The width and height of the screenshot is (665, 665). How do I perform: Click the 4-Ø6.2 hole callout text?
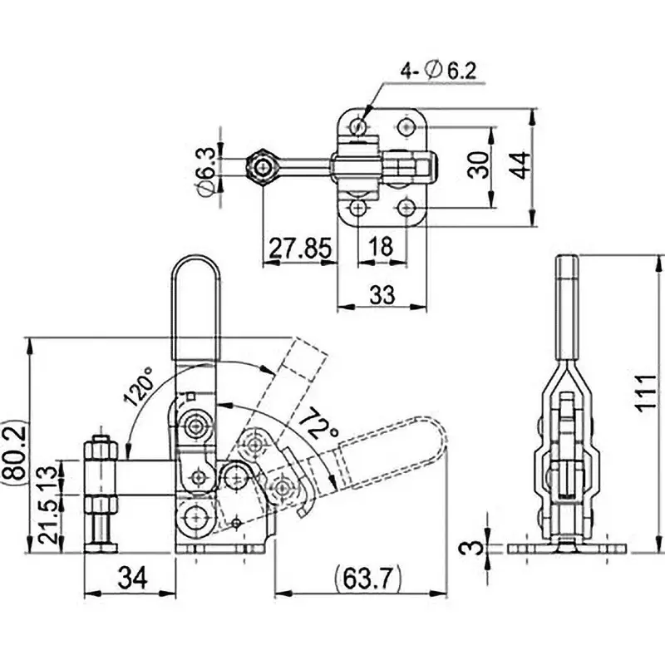coord(439,71)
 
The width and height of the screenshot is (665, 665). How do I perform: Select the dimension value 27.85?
coord(299,249)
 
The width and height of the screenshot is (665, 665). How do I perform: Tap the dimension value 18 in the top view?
coord(382,249)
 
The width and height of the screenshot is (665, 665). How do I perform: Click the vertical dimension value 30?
coord(478,165)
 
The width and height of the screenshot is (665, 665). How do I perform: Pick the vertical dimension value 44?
coord(520,165)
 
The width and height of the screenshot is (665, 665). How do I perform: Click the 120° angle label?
coord(140,387)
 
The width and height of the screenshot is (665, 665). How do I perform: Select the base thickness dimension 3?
coord(471,548)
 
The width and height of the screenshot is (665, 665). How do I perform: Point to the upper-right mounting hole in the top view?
coord(406,127)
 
